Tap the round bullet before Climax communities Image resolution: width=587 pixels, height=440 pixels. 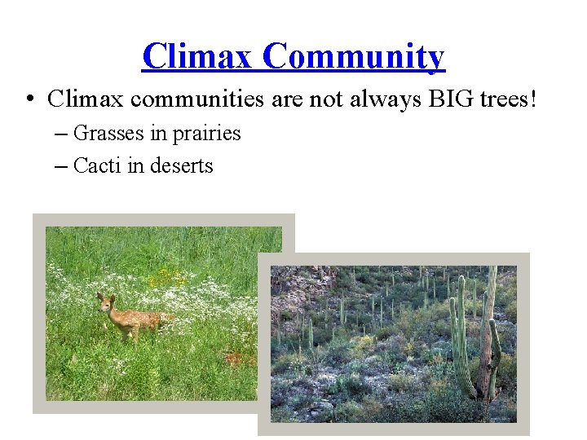pos(29,100)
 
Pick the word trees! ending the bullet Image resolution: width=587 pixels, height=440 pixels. pos(505,99)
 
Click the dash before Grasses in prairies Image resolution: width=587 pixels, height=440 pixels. pos(62,134)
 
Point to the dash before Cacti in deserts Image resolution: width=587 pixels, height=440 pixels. pos(62,167)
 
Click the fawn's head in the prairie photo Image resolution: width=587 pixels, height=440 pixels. pos(105,303)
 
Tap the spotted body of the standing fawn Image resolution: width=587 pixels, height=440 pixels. pos(139,319)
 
